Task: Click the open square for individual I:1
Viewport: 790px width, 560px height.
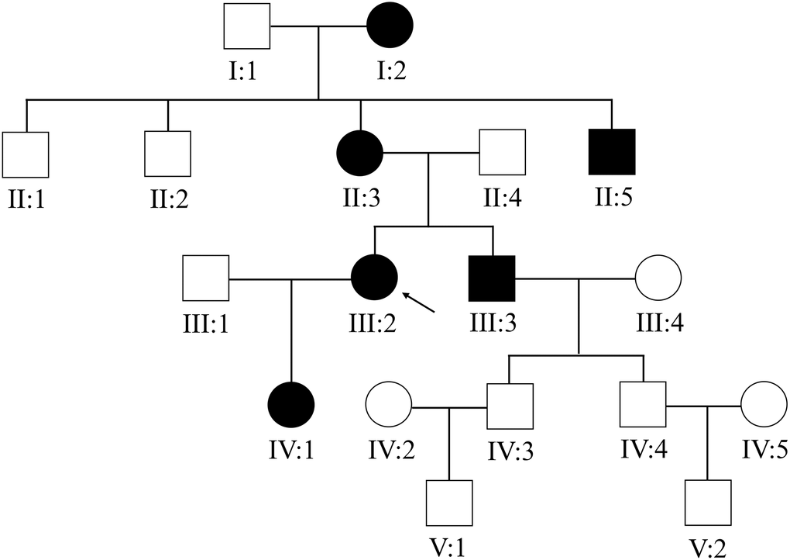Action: pyautogui.click(x=247, y=26)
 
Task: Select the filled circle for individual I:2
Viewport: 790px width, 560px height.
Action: pyautogui.click(x=390, y=26)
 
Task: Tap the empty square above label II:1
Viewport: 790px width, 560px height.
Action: pyautogui.click(x=26, y=154)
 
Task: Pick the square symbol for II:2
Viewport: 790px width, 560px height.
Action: pyautogui.click(x=167, y=153)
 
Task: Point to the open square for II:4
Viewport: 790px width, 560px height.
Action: pyautogui.click(x=502, y=152)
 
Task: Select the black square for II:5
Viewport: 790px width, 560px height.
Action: pyautogui.click(x=612, y=151)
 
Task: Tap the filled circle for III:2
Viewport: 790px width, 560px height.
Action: pyautogui.click(x=374, y=278)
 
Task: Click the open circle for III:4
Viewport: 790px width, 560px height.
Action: pyautogui.click(x=658, y=277)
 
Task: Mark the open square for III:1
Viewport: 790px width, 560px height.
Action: pyautogui.click(x=205, y=278)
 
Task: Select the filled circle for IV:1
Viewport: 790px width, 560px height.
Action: pyautogui.click(x=290, y=406)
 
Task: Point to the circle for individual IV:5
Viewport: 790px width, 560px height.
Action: pyautogui.click(x=764, y=405)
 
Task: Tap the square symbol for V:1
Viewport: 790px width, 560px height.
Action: pyautogui.click(x=450, y=503)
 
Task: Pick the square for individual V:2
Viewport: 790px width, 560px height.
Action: pyautogui.click(x=707, y=503)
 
